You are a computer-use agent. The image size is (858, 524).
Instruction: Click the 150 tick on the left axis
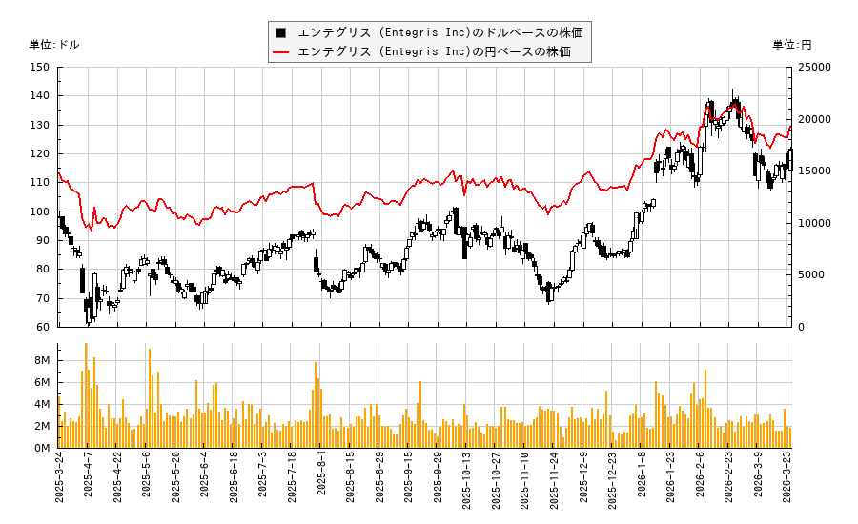(40, 67)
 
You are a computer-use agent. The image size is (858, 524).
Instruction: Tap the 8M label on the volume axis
(42, 360)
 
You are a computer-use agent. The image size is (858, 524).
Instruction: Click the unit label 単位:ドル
(54, 44)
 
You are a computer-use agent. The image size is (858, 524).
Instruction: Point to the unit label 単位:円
(791, 44)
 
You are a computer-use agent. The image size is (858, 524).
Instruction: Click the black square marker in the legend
(281, 32)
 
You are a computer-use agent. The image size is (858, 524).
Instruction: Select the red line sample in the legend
(281, 51)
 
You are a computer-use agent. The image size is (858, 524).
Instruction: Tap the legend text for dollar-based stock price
(439, 32)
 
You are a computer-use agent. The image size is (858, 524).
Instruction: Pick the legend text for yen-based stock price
(434, 51)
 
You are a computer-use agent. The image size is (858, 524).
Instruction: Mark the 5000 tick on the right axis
(809, 274)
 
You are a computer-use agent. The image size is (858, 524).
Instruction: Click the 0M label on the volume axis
(42, 448)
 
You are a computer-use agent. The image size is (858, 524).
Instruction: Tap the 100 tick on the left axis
(40, 212)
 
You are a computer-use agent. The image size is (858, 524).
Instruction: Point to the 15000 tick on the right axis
(813, 171)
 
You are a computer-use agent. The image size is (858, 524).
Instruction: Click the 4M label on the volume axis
(42, 404)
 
